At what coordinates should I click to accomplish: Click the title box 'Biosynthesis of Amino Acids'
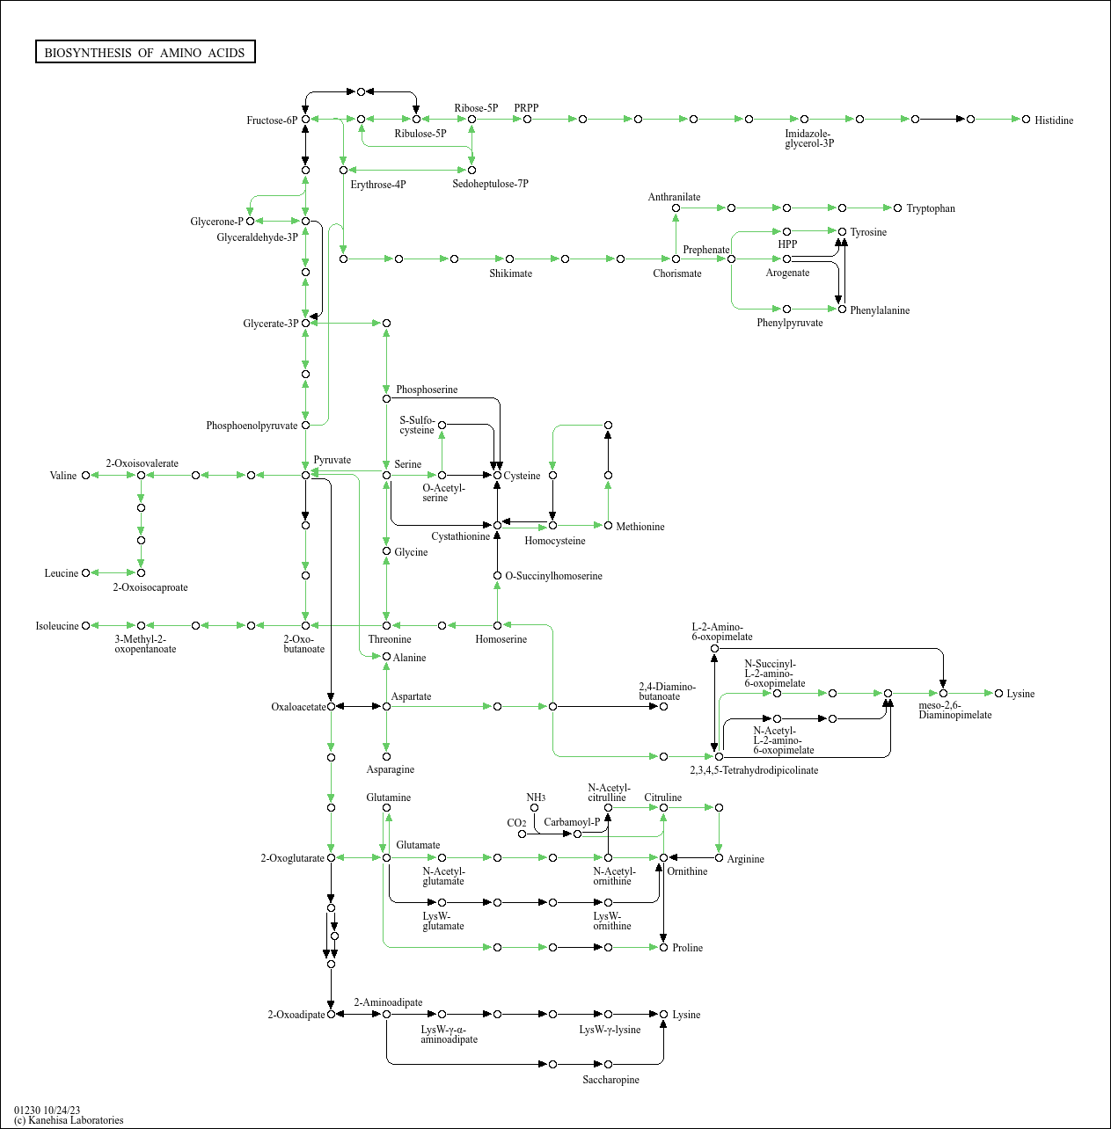(145, 53)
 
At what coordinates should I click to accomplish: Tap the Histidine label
(1053, 120)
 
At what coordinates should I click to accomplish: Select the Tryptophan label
(930, 208)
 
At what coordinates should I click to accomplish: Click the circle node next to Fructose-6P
(305, 120)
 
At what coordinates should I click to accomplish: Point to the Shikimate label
(510, 273)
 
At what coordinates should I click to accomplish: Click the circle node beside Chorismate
(676, 259)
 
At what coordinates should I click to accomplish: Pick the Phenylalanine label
(879, 310)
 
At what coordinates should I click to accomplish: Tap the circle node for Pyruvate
(305, 475)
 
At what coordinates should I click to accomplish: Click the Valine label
(63, 476)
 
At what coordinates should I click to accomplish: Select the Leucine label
(62, 573)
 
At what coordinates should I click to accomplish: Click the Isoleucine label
(57, 626)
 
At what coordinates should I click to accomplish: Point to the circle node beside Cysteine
(497, 475)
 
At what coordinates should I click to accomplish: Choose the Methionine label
(640, 527)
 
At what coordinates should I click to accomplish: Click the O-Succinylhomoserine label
(553, 576)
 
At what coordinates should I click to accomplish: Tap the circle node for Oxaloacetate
(331, 706)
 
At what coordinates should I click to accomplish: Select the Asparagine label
(390, 769)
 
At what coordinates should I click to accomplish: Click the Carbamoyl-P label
(572, 822)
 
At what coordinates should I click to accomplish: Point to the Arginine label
(745, 859)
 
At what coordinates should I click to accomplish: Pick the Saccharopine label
(610, 1080)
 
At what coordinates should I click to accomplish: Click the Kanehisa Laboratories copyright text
(69, 1120)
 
